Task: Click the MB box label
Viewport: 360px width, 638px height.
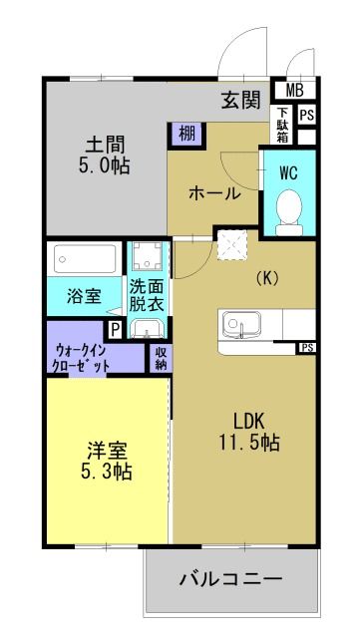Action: click(297, 91)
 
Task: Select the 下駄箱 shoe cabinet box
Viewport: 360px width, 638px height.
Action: click(284, 126)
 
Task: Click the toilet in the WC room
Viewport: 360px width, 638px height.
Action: click(290, 212)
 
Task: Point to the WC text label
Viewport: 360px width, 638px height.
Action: click(289, 171)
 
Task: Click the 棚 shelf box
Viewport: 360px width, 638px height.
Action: click(185, 133)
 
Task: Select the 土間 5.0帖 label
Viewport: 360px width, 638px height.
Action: click(105, 154)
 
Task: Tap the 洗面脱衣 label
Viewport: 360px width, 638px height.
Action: click(149, 296)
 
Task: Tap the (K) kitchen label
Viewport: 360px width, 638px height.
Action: click(266, 278)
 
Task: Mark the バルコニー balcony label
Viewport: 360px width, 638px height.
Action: click(230, 579)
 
